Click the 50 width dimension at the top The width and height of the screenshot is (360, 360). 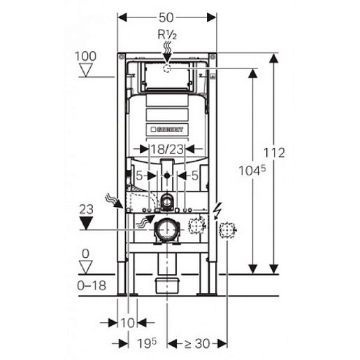[166, 17]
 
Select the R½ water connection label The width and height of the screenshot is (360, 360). [167, 35]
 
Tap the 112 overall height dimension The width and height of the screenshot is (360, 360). [274, 153]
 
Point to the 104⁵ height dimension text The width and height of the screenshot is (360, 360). [252, 170]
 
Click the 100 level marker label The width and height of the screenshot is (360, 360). [85, 56]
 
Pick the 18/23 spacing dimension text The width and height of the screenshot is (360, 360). [167, 149]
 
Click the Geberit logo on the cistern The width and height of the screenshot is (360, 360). [167, 129]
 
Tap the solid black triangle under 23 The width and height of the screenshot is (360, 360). [86, 223]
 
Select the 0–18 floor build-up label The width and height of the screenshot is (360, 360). [92, 285]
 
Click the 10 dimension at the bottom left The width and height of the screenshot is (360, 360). [127, 323]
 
